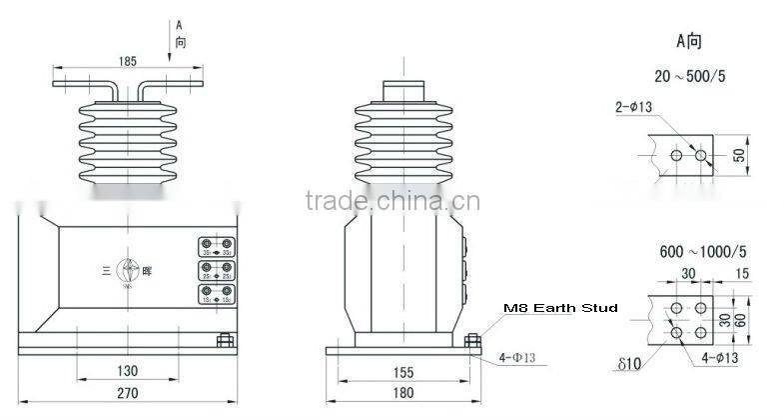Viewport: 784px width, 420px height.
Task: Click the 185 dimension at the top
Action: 127,62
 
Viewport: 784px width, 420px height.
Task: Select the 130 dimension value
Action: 127,370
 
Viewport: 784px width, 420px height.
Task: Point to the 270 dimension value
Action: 127,393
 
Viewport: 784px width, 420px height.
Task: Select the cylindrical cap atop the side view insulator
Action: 403,90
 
